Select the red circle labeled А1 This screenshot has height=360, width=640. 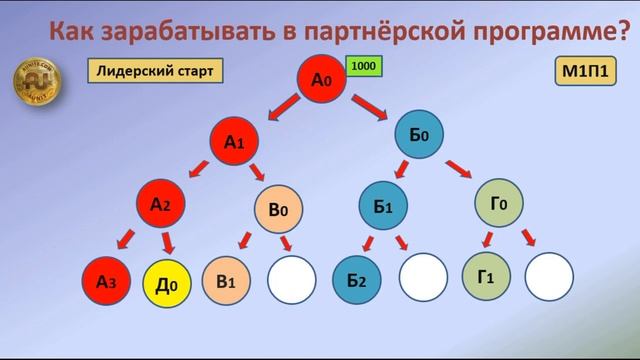click(235, 143)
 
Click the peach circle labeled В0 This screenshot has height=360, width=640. click(279, 211)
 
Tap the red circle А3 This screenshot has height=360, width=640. click(107, 281)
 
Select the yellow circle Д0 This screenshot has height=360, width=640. click(168, 283)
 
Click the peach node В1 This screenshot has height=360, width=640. click(226, 281)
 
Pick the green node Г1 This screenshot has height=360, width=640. click(485, 276)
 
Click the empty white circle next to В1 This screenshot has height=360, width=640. click(291, 281)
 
